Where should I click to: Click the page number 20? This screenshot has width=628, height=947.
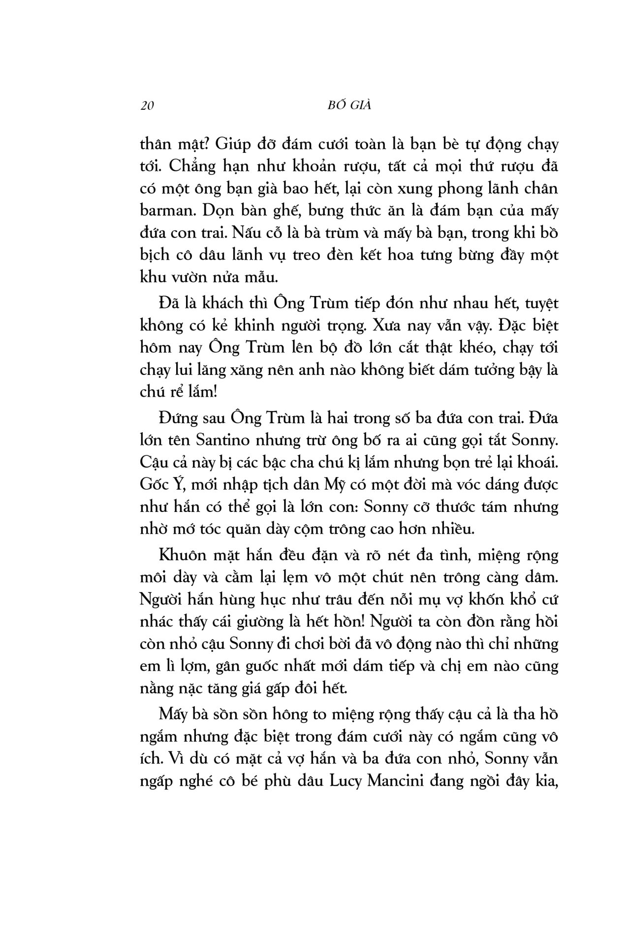click(148, 106)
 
